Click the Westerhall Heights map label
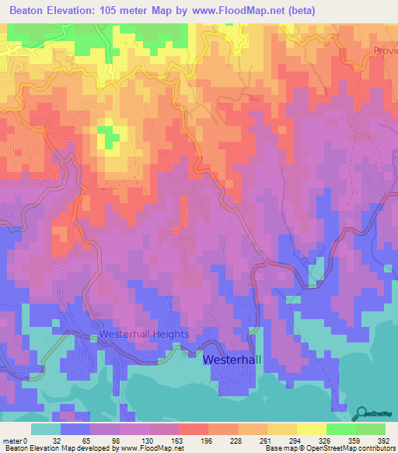click(x=144, y=334)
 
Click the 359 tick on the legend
click(x=355, y=439)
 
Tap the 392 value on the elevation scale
click(x=384, y=439)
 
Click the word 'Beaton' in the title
click(x=32, y=11)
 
